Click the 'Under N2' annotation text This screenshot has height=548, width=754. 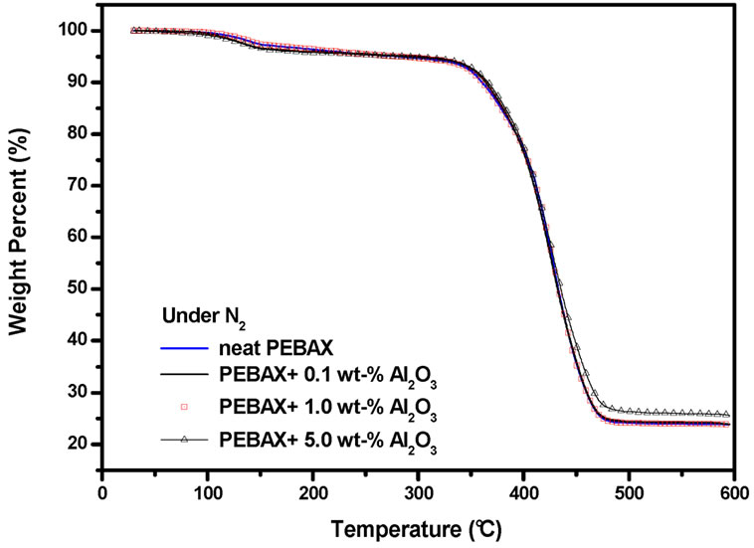(x=202, y=316)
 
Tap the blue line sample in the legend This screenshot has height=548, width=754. (x=184, y=349)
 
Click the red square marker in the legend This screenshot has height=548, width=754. (x=184, y=407)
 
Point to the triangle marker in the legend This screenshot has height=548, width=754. (x=184, y=436)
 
